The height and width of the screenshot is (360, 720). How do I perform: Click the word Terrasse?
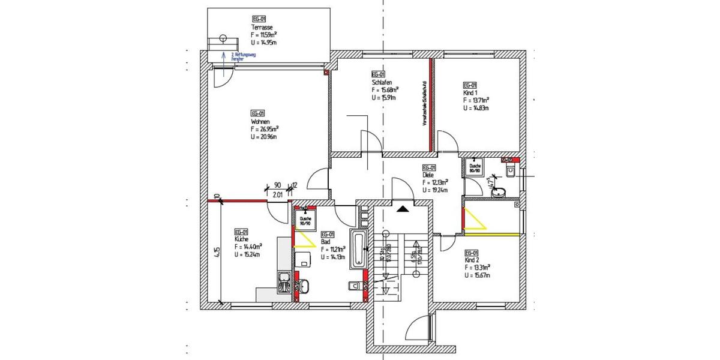262,28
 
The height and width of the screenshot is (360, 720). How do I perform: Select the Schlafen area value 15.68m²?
385,90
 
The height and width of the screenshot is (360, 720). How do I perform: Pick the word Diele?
429,175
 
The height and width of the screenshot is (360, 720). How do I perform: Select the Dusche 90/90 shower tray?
305,221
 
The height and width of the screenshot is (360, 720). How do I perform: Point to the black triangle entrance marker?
402,208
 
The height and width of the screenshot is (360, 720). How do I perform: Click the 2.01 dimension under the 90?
278,194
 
